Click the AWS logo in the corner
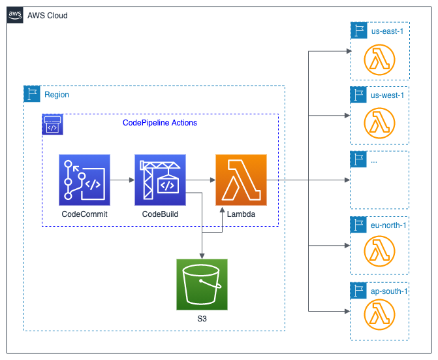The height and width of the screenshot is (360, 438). pyautogui.click(x=15, y=15)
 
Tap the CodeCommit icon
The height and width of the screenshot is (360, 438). pyautogui.click(x=84, y=180)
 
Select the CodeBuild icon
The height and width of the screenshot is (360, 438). pyautogui.click(x=160, y=180)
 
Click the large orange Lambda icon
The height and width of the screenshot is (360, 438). pyautogui.click(x=241, y=180)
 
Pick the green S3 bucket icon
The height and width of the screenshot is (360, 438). pyautogui.click(x=202, y=284)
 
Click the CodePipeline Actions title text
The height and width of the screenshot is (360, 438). pyautogui.click(x=160, y=123)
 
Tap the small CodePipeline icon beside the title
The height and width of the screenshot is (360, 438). pyautogui.click(x=52, y=124)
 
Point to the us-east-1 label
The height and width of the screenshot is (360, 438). pyautogui.click(x=387, y=31)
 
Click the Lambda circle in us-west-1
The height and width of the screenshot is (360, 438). pyautogui.click(x=379, y=123)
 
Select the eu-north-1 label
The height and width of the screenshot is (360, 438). pyautogui.click(x=388, y=225)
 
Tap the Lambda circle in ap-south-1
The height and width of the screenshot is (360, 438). pyautogui.click(x=379, y=314)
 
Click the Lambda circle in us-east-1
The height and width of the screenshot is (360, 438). pyautogui.click(x=379, y=59)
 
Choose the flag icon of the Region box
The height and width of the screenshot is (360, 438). pyautogui.click(x=32, y=94)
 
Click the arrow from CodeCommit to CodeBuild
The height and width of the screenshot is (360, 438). pyautogui.click(x=122, y=180)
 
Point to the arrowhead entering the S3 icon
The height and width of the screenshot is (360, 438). pyautogui.click(x=202, y=256)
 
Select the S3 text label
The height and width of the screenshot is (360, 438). pyautogui.click(x=202, y=319)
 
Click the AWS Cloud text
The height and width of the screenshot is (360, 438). pyautogui.click(x=48, y=16)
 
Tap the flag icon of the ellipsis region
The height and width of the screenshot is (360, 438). pyautogui.click(x=358, y=159)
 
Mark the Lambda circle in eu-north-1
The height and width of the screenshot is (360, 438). pyautogui.click(x=379, y=252)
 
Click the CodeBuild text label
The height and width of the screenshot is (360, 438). pyautogui.click(x=160, y=214)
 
